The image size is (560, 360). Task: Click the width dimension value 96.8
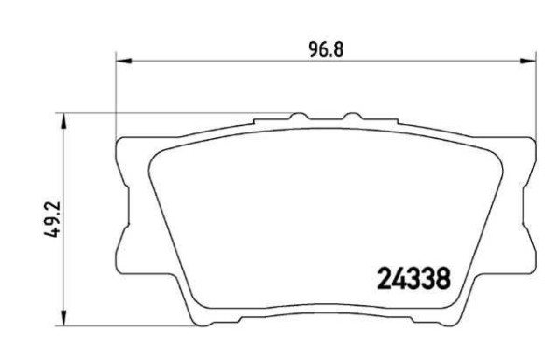pos(327,48)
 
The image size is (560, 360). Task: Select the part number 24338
pos(414,277)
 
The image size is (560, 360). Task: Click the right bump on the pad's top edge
pos(353,118)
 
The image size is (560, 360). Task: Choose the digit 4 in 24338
pos(399,277)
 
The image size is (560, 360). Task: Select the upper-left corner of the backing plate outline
pos(119,143)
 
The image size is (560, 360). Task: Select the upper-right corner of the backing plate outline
pos(532,143)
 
